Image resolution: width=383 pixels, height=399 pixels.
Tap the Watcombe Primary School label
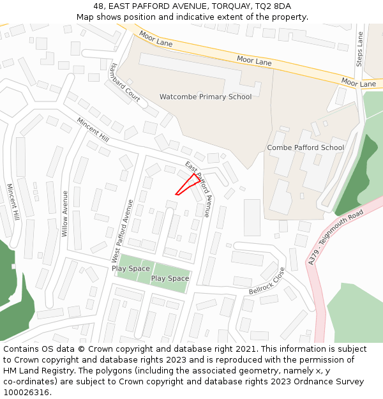206,97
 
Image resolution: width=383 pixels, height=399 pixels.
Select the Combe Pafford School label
305,147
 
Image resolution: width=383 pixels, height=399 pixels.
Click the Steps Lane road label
360,49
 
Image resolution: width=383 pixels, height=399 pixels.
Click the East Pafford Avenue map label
198,190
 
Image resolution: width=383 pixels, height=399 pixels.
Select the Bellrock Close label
267,282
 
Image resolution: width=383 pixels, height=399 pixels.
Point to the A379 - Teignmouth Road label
336,236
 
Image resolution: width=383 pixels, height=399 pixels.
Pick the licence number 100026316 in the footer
26,393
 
